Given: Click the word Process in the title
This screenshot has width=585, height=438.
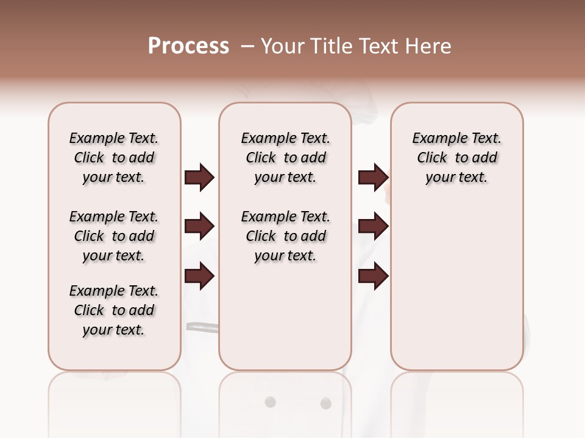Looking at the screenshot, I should [x=188, y=46].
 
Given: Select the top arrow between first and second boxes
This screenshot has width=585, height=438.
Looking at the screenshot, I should [x=199, y=177].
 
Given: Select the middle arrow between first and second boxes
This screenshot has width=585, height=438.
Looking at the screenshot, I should [x=199, y=227].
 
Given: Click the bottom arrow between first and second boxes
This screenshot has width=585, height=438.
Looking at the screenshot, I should [x=199, y=276].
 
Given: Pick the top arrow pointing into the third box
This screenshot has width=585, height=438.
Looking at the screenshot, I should [x=373, y=177].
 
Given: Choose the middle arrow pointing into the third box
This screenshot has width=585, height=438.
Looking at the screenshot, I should [x=373, y=227].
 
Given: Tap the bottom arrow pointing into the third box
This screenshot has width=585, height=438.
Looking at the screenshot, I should [x=373, y=276].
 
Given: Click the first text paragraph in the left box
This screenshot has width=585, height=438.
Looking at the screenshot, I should [x=114, y=158].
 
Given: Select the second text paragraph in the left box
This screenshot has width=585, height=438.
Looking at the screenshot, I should [x=114, y=236].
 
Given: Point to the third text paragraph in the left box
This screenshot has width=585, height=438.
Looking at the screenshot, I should [x=114, y=310].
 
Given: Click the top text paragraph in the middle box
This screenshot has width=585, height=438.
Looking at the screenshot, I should [x=285, y=158].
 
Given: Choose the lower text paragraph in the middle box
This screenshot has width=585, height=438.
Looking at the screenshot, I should [x=285, y=236].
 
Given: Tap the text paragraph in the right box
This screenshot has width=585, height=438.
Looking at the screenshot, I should [x=456, y=158].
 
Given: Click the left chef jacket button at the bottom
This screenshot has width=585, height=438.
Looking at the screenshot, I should [x=270, y=402].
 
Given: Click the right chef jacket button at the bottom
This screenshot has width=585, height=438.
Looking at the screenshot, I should [x=325, y=403].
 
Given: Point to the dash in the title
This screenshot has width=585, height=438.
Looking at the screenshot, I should [x=247, y=46].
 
